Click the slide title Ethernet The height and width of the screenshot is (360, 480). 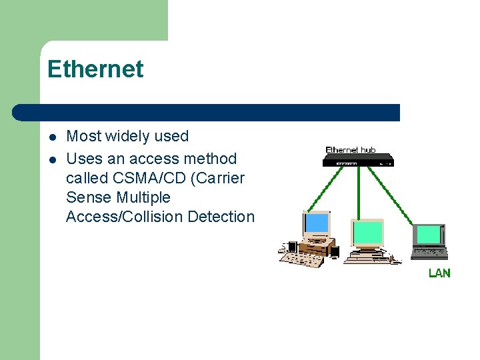click(95, 69)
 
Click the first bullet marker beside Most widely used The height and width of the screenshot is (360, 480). click(52, 137)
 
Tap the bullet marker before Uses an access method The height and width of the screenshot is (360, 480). click(52, 159)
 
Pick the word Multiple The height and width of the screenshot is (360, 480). click(143, 197)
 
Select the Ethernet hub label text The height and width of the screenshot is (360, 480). click(351, 150)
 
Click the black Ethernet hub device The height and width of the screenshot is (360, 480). click(359, 161)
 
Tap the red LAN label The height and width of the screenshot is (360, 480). click(439, 273)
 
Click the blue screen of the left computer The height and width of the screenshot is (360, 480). click(317, 223)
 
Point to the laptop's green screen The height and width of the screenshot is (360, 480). click(429, 235)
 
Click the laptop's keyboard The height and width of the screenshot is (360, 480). click(430, 253)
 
